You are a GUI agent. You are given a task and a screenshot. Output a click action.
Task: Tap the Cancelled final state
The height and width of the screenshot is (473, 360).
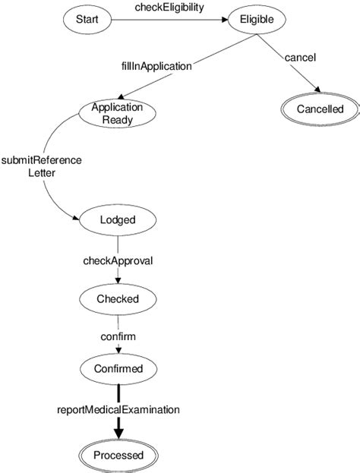click(x=320, y=109)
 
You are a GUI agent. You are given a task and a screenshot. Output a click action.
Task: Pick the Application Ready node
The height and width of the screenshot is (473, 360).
click(x=117, y=113)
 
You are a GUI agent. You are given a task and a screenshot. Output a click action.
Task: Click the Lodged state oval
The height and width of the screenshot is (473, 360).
click(x=118, y=220)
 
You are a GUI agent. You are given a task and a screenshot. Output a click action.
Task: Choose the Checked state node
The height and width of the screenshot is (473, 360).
click(x=118, y=298)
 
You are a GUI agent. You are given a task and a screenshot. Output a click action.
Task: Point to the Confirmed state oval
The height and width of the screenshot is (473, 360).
click(x=118, y=369)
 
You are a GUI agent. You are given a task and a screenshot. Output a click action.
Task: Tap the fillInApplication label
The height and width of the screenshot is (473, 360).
click(x=156, y=65)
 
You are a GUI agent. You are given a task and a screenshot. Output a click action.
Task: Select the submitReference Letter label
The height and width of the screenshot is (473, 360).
click(x=41, y=166)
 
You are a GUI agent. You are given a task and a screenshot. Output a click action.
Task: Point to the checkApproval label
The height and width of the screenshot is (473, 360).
click(x=118, y=260)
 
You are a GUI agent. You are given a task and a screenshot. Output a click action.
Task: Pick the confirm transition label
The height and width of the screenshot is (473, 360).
click(x=118, y=334)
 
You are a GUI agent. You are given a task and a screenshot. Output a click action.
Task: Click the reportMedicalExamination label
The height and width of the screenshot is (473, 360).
click(x=118, y=409)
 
